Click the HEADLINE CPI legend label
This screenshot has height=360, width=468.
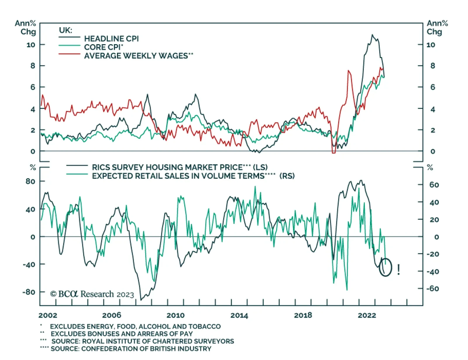point(111,39)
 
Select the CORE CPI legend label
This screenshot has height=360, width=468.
point(104,47)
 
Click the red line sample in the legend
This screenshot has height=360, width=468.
point(69,54)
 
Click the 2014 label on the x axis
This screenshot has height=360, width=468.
point(239,315)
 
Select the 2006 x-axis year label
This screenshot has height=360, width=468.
point(111,315)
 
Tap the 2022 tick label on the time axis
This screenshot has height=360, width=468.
point(367,315)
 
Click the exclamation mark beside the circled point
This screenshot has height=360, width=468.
point(398,269)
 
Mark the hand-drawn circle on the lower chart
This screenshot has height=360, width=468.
point(385,267)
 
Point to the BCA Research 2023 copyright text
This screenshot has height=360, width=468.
point(92,294)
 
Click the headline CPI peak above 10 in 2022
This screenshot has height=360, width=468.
point(372,35)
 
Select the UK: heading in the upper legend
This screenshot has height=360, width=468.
point(66,30)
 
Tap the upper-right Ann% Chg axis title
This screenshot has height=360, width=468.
point(437,27)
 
